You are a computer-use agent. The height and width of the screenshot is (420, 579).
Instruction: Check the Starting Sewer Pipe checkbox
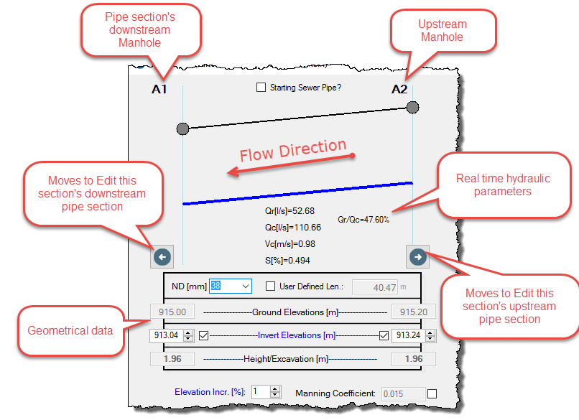261,88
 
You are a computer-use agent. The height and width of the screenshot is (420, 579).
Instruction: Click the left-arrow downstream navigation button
162,257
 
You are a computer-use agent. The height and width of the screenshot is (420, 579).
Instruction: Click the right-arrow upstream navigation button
417,257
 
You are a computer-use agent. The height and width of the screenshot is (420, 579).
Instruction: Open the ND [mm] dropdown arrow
246,286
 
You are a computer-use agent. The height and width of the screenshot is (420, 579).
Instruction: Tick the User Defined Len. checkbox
270,286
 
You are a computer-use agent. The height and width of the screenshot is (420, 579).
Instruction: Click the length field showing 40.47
375,287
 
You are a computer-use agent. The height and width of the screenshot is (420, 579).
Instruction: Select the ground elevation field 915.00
172,312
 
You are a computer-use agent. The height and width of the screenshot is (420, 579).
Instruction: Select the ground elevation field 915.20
414,312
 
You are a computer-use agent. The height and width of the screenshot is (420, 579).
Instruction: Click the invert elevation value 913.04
166,335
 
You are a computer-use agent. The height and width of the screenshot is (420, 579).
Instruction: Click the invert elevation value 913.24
408,335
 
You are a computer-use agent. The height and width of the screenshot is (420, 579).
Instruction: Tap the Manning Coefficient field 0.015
403,394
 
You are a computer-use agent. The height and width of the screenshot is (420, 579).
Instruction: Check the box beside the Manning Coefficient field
432,394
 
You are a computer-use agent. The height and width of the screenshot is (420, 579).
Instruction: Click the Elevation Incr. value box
261,391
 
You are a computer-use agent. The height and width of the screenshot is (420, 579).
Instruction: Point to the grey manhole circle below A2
412,108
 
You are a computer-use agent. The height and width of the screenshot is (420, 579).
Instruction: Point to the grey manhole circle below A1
182,129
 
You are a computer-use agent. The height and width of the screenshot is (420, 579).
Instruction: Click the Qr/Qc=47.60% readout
363,220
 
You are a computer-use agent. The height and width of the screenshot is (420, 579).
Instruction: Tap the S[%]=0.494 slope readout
287,261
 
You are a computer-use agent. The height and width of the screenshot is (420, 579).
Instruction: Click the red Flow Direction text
293,150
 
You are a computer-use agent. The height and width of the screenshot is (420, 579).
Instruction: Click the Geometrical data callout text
70,330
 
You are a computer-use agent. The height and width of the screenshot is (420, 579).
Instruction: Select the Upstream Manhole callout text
443,30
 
